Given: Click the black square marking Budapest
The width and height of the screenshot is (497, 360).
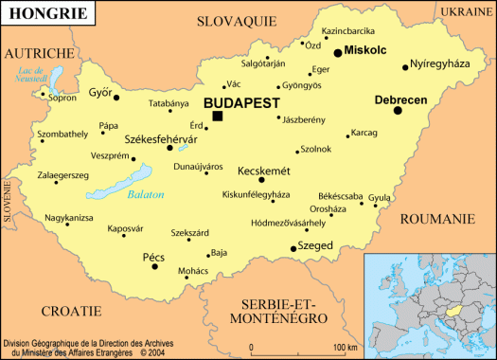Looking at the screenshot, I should [x=218, y=116].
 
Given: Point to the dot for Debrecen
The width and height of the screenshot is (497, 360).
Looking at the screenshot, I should [x=398, y=111].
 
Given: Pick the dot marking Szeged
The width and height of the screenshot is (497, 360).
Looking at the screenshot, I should [x=293, y=248].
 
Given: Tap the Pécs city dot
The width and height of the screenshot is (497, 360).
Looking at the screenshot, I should [x=155, y=266].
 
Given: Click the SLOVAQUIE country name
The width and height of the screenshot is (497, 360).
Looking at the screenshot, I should [x=237, y=20].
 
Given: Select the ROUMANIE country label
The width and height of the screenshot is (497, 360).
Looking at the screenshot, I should [x=438, y=218].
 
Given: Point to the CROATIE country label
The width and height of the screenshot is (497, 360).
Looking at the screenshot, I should [x=71, y=310].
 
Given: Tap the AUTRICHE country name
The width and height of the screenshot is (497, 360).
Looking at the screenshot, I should [x=40, y=53].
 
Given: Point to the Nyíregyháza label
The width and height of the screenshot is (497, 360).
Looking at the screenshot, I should [x=441, y=65].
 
